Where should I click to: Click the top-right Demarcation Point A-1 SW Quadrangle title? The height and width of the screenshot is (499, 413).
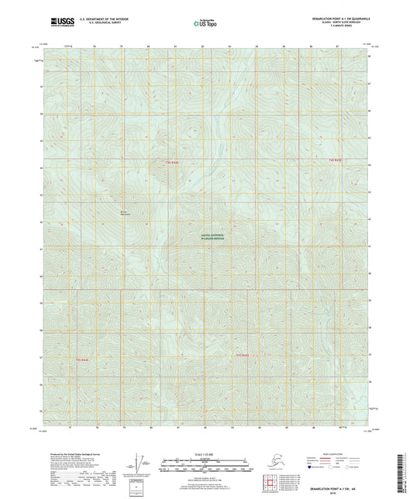click(333, 16)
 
